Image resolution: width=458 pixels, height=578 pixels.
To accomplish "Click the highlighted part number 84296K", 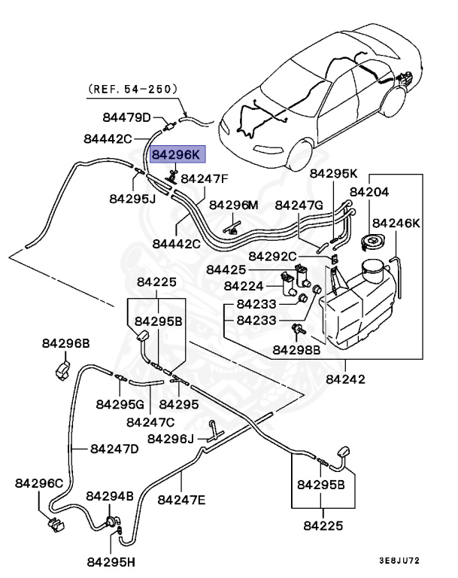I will [177, 155].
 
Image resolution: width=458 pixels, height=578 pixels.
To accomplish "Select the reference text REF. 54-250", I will [133, 88].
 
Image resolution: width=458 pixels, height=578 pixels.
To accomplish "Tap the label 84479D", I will [127, 117].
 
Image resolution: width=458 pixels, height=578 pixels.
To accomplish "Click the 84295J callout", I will [132, 199].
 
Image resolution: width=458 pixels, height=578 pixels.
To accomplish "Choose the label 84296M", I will [233, 205].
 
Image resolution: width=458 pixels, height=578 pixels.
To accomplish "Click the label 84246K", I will [396, 224].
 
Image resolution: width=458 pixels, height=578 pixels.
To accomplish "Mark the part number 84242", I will [345, 379].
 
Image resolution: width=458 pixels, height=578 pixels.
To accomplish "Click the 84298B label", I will [296, 349].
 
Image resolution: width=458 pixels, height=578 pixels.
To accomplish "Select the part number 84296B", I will [64, 343].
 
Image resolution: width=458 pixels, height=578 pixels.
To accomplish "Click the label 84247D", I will [114, 449].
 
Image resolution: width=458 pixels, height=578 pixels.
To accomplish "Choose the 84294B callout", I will [110, 497].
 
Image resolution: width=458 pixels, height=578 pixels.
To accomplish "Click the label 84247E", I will [182, 499].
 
